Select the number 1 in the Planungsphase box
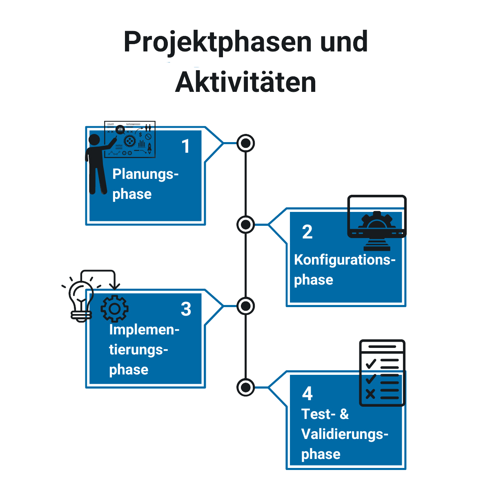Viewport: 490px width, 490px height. point(186,147)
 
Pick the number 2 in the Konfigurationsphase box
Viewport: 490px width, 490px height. point(307,232)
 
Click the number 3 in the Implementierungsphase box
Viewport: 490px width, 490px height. point(186,309)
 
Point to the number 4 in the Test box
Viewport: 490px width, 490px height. point(307,394)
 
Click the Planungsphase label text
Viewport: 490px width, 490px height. point(145,184)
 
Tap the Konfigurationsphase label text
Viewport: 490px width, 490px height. point(345,270)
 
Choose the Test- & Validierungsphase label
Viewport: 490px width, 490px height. point(345,434)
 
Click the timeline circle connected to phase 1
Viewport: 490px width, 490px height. point(246,143)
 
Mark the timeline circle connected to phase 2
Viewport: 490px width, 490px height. point(246,224)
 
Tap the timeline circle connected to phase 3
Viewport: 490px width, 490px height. point(246,306)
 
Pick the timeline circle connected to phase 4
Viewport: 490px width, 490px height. point(246,387)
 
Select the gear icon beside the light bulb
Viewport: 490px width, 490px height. point(114,309)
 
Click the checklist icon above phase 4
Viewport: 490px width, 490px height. point(382,372)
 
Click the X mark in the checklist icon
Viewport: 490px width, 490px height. point(370,394)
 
